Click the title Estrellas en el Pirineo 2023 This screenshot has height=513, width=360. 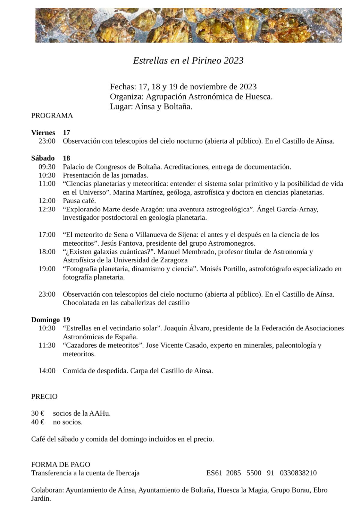click(188, 61)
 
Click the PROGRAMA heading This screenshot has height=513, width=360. click(52, 116)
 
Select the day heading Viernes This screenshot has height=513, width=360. click(43, 133)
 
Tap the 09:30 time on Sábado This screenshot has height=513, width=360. click(47, 167)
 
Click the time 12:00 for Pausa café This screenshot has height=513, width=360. click(47, 201)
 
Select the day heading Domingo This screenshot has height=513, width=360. click(45, 320)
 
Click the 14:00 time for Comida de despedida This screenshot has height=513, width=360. click(47, 371)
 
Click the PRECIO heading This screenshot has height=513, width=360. click(44, 396)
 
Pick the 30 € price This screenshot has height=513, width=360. click(38, 413)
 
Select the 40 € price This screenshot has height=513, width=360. click(38, 422)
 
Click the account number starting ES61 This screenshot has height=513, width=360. click(261, 473)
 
